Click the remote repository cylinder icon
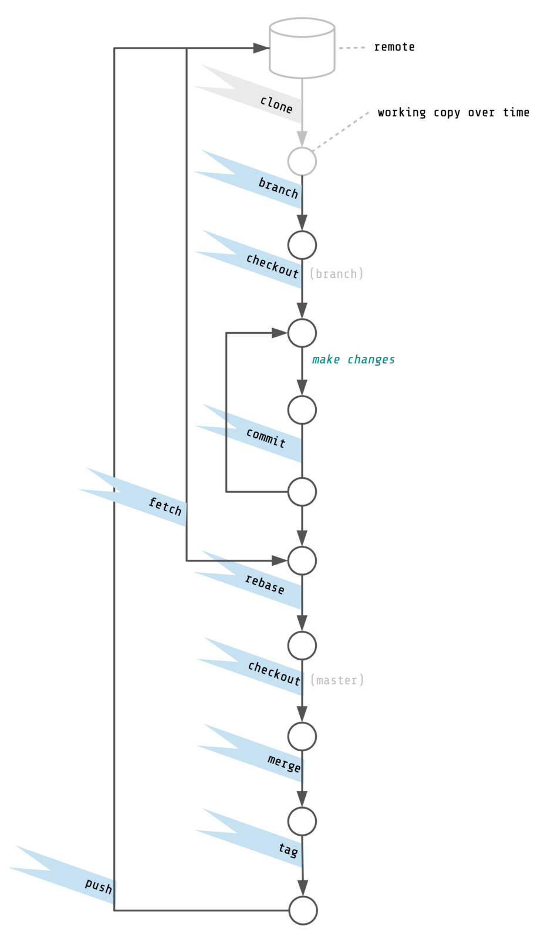302,48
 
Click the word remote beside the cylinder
394,47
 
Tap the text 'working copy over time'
453,112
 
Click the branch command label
278,188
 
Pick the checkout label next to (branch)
272,266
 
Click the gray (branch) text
336,273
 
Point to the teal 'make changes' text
353,359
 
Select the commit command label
266,438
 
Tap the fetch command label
165,506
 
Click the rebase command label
265,585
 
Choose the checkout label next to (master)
273,673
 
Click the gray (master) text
337,680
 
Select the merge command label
284,763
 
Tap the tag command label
288,849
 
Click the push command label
98,886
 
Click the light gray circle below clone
302,161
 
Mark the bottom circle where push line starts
303,910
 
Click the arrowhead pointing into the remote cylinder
261,48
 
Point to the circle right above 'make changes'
302,333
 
